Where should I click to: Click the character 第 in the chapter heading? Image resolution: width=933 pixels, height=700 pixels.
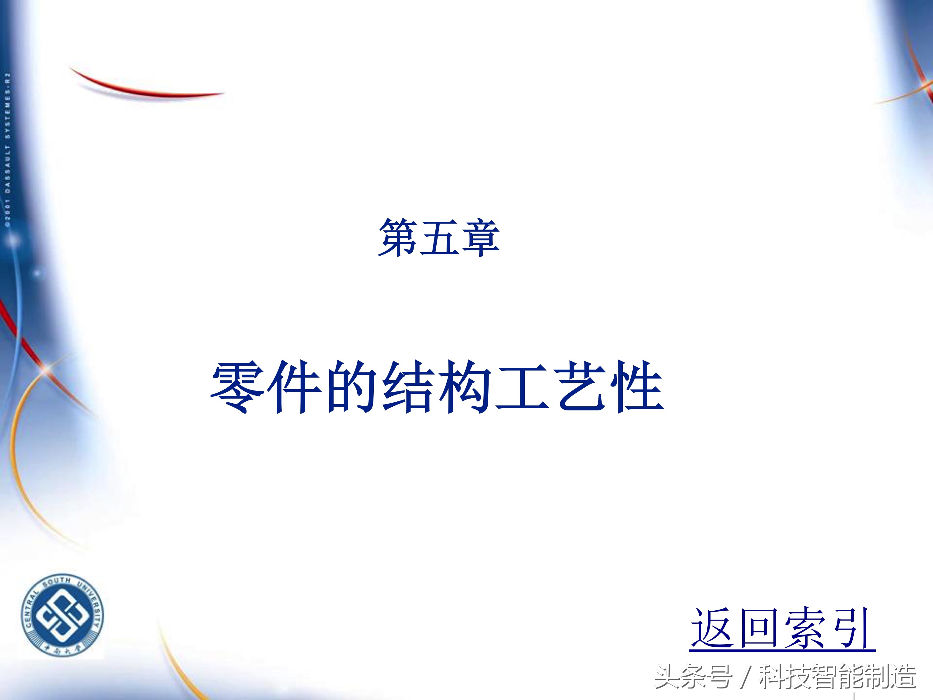coord(398,238)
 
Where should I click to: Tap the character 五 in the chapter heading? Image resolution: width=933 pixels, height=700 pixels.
coord(439,238)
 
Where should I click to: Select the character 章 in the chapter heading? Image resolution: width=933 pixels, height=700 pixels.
coord(480,238)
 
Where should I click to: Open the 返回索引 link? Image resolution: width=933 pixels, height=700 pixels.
coord(782,629)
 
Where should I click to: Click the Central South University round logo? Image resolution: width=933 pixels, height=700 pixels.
coord(63,616)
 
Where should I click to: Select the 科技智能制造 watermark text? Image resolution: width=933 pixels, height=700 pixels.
coord(837,677)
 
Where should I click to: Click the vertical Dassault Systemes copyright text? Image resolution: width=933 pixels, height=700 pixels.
coord(7,150)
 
